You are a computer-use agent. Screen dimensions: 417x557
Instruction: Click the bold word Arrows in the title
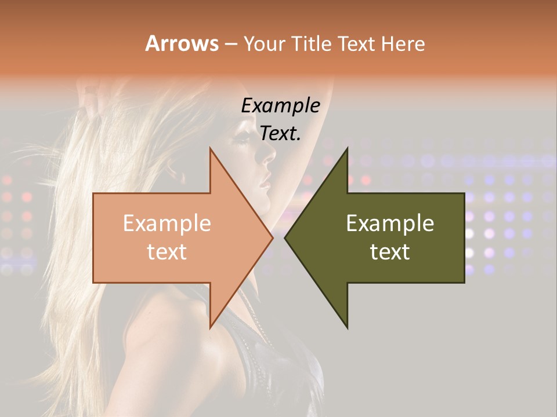click(x=182, y=43)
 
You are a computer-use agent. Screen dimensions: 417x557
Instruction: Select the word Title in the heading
click(x=311, y=43)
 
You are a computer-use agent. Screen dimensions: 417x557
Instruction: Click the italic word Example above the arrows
click(x=280, y=105)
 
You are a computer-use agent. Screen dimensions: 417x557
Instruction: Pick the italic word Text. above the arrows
click(x=280, y=133)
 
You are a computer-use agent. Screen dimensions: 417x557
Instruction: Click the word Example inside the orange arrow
click(x=167, y=223)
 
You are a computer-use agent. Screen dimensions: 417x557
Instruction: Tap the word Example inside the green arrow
click(x=390, y=223)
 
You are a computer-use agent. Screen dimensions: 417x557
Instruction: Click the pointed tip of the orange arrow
click(x=273, y=238)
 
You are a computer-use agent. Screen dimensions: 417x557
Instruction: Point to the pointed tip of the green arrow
click(x=285, y=238)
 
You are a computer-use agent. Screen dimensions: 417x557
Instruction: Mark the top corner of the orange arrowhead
click(x=210, y=148)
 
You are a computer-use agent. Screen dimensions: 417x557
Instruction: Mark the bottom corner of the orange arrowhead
click(x=210, y=328)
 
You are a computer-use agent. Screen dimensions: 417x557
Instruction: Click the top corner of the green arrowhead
click(x=348, y=148)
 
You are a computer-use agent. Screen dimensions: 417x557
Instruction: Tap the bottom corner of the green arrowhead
click(x=348, y=328)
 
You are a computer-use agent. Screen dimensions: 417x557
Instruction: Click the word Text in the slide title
click(x=357, y=43)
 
